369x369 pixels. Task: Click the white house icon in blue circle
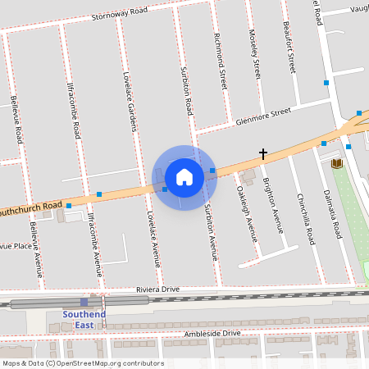coord(184,176)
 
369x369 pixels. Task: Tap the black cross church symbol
coord(263,153)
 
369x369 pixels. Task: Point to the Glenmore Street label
coord(263,116)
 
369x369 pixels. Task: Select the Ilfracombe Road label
coord(73,108)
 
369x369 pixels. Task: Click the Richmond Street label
coord(220,60)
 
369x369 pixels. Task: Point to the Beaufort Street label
coord(288,48)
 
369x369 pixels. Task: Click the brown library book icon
coord(335,164)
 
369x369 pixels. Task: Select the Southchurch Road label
coord(31,209)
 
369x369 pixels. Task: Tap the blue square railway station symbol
coord(84,303)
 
